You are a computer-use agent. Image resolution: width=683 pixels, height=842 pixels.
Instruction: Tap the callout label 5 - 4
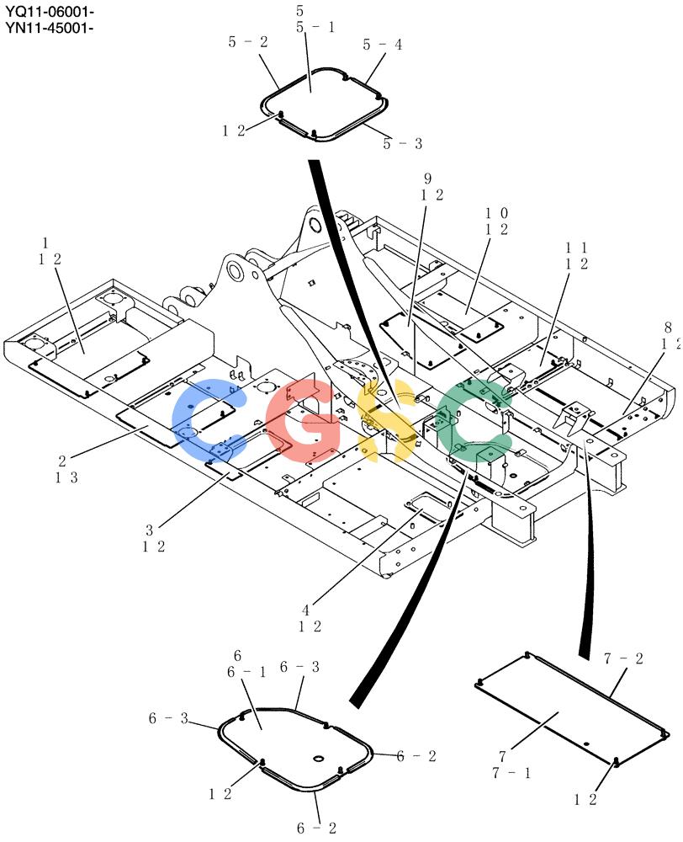[382, 45]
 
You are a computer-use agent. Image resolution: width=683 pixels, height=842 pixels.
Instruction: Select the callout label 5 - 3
[402, 143]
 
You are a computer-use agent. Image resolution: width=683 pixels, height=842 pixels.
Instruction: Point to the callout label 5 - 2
[248, 42]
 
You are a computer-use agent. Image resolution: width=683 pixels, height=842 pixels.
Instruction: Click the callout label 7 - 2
[623, 659]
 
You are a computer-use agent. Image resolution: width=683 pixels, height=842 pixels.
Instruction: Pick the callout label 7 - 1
[511, 773]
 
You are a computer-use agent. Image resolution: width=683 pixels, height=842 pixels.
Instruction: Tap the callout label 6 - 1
[246, 672]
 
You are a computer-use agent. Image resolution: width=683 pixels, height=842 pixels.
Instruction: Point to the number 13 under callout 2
[66, 477]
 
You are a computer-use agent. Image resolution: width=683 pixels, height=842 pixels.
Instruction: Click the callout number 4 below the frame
[306, 610]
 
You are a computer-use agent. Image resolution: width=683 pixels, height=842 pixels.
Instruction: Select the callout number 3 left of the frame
[149, 530]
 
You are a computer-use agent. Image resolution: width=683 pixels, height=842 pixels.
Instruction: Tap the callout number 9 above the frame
[427, 179]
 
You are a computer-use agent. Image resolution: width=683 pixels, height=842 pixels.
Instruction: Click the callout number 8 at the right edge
[668, 327]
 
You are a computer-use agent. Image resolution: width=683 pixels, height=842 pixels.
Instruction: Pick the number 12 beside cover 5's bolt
[234, 131]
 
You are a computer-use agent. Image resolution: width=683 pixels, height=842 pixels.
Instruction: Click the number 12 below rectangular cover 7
[585, 800]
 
